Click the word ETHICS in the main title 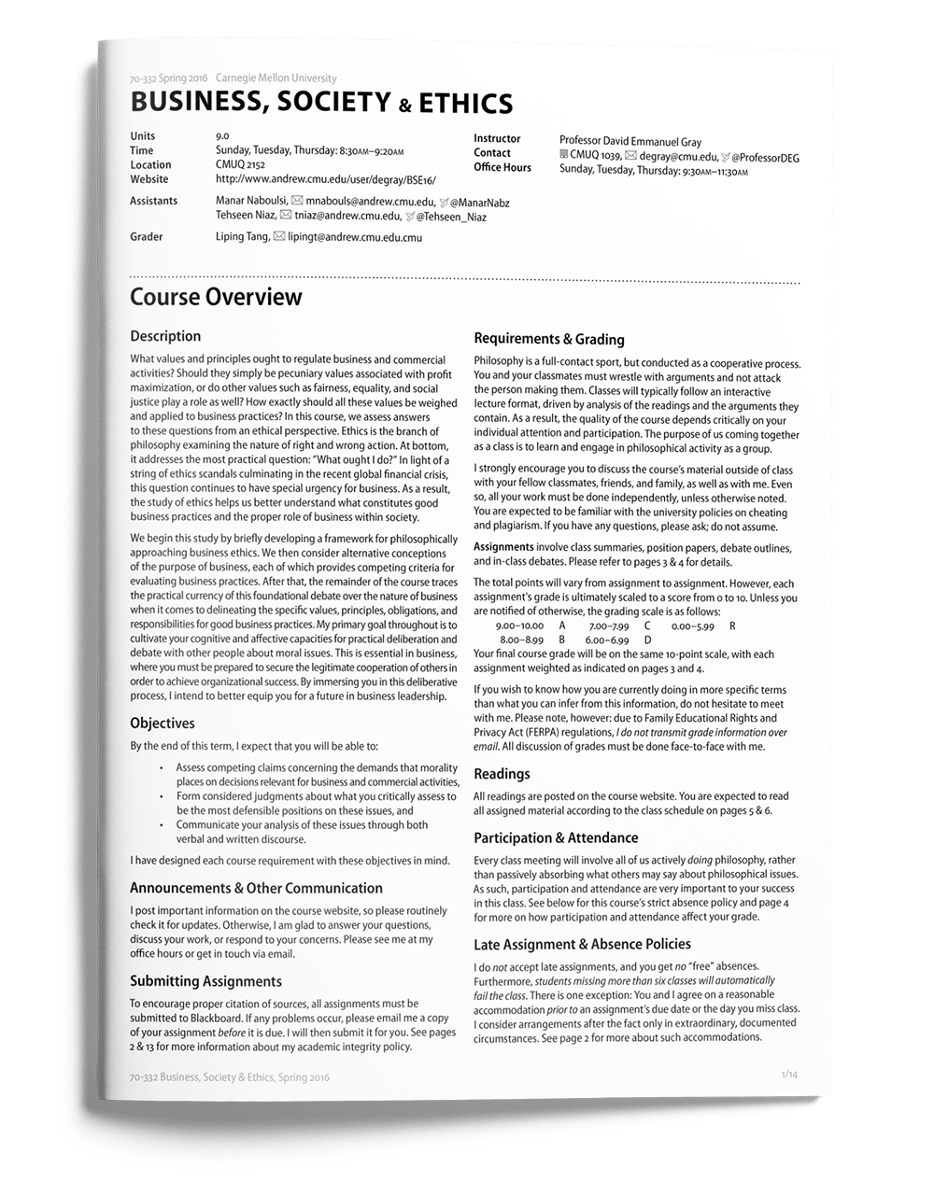tap(465, 104)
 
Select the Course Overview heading tap(216, 298)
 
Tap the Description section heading tap(165, 336)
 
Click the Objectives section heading tap(163, 724)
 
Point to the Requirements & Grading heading tap(549, 339)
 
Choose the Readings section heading tap(502, 774)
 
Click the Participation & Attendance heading tap(556, 838)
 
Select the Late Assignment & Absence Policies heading tap(582, 945)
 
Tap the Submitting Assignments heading tap(205, 981)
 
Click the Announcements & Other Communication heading tap(256, 889)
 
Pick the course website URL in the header tap(325, 179)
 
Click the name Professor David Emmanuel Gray tap(630, 142)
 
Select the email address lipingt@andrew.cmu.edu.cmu tap(355, 237)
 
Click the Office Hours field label tap(502, 168)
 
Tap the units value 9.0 tap(222, 135)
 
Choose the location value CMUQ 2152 tap(240, 164)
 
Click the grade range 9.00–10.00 tap(519, 626)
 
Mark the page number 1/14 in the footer tap(789, 1075)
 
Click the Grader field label tap(147, 237)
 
